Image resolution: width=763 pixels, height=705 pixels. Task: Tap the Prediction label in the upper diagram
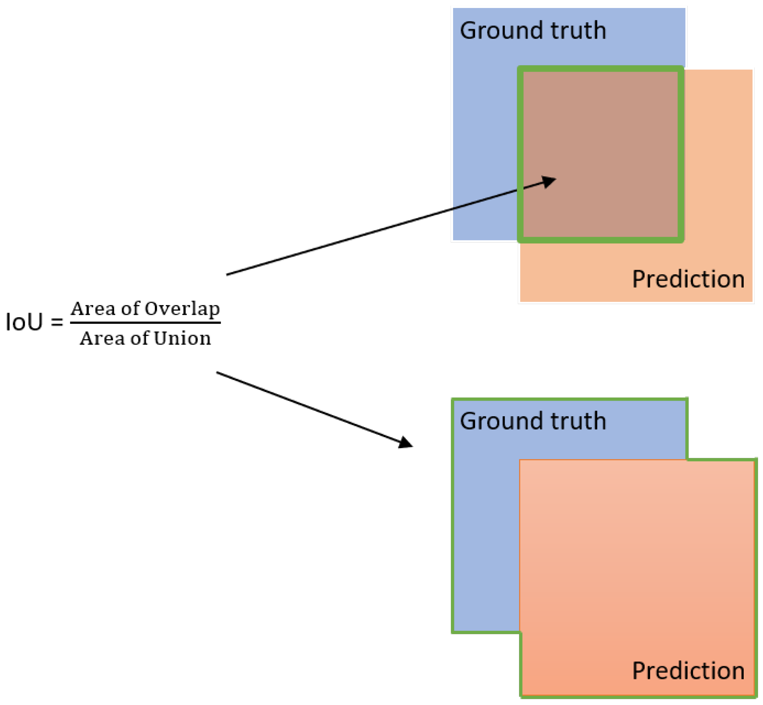click(688, 279)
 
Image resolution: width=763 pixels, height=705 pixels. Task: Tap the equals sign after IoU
click(57, 323)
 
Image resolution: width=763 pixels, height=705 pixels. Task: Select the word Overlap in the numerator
click(182, 309)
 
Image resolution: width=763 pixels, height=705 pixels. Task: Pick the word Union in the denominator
click(182, 338)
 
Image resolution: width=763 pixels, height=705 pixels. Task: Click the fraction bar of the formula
click(145, 323)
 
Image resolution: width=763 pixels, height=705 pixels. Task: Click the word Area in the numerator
click(93, 309)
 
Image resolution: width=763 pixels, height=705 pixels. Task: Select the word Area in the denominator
click(102, 338)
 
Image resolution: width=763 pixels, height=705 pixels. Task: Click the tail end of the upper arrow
click(227, 274)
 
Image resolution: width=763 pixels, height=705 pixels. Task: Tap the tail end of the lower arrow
click(217, 372)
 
